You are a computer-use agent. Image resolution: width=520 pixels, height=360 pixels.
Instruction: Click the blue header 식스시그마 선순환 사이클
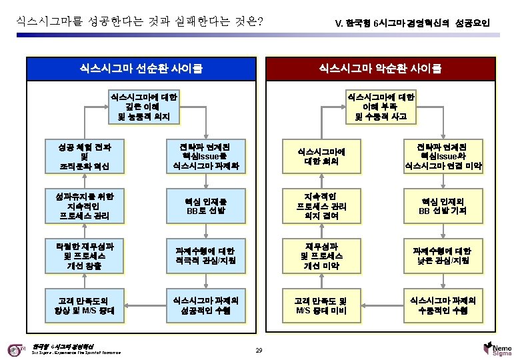(141, 68)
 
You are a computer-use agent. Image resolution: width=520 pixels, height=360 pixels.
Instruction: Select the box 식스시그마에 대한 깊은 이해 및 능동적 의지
(144, 107)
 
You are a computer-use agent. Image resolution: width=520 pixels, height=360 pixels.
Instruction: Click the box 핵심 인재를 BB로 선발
(206, 207)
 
